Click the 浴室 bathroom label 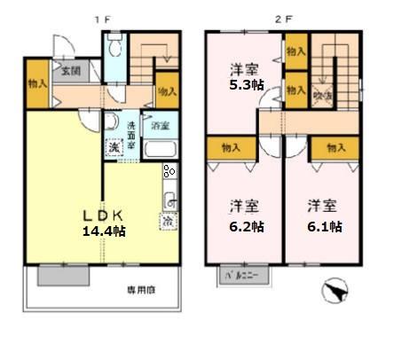[x=160, y=126]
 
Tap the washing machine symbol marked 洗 [x=114, y=146]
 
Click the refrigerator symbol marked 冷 [x=167, y=219]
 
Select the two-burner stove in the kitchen [x=169, y=173]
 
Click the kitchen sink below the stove [x=171, y=198]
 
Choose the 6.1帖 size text [x=325, y=226]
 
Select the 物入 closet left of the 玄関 [x=36, y=84]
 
